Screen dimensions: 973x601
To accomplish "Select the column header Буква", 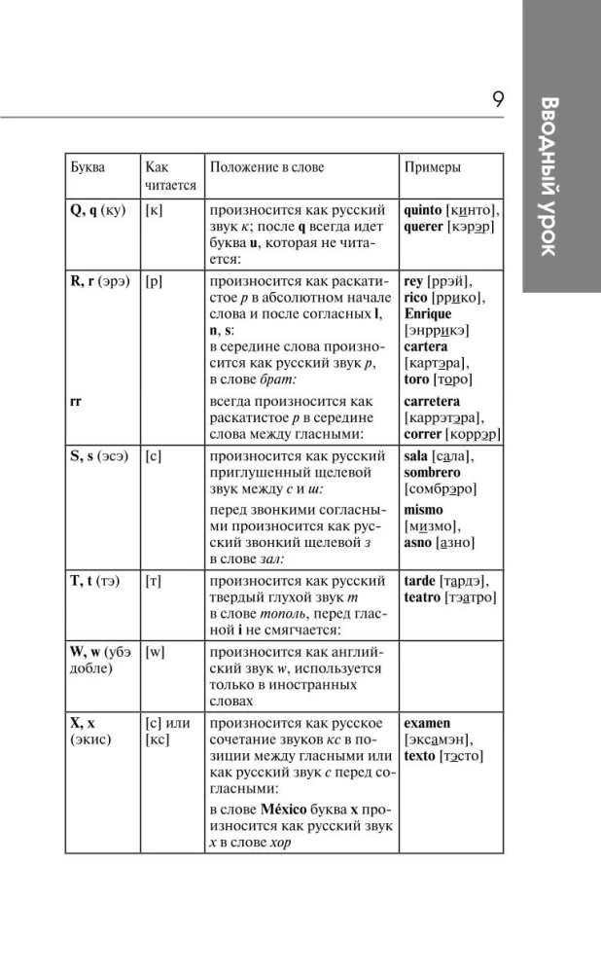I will (88, 167).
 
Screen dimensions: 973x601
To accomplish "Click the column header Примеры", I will (432, 167).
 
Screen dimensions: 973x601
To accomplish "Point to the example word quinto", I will (428, 209).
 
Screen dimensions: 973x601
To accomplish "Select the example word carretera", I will (432, 401).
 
